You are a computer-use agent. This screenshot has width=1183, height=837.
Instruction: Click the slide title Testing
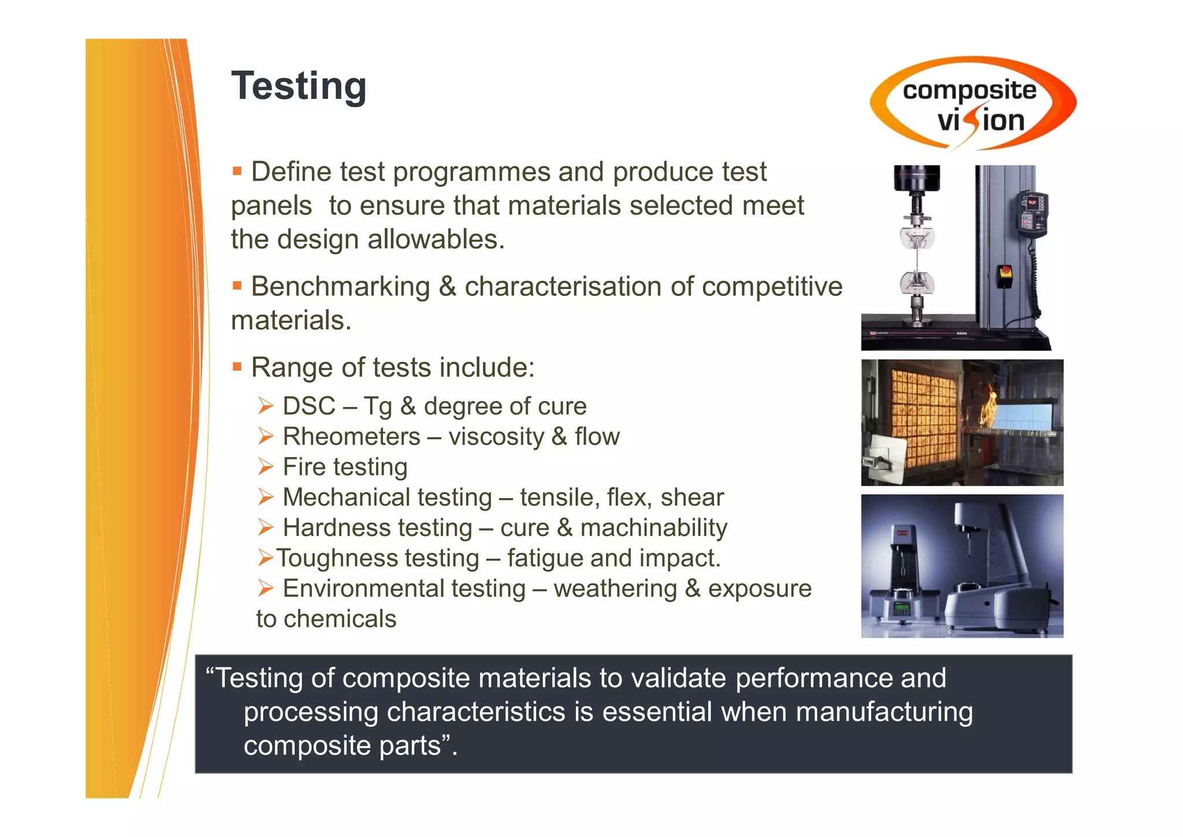(299, 86)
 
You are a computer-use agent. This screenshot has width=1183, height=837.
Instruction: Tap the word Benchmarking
(341, 287)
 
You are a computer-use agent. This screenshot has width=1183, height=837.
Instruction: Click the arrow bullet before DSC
(265, 406)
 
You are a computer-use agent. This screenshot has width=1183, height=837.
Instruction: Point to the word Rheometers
(351, 437)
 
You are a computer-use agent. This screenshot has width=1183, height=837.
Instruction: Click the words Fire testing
(345, 467)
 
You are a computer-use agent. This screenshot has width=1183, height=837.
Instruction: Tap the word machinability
(653, 528)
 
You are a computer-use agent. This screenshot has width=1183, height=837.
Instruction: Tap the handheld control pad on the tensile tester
(1032, 214)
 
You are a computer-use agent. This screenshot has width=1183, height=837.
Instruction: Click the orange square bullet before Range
(237, 366)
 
